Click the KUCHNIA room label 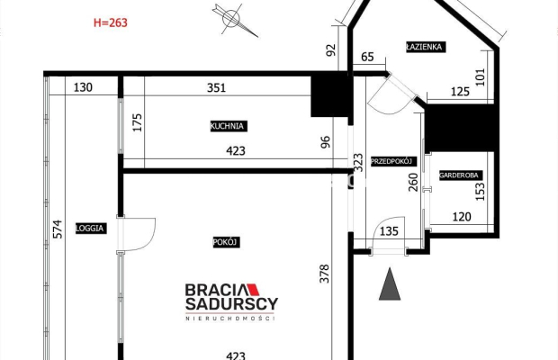pyautogui.click(x=229, y=127)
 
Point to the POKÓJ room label pyautogui.click(x=225, y=241)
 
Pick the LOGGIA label pyautogui.click(x=92, y=228)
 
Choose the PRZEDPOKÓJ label pyautogui.click(x=391, y=161)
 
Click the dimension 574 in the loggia pyautogui.click(x=57, y=228)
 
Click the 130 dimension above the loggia pyautogui.click(x=84, y=88)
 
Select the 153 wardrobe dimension pyautogui.click(x=480, y=192)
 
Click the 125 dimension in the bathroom pyautogui.click(x=461, y=91)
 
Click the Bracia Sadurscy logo pyautogui.click(x=231, y=301)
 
